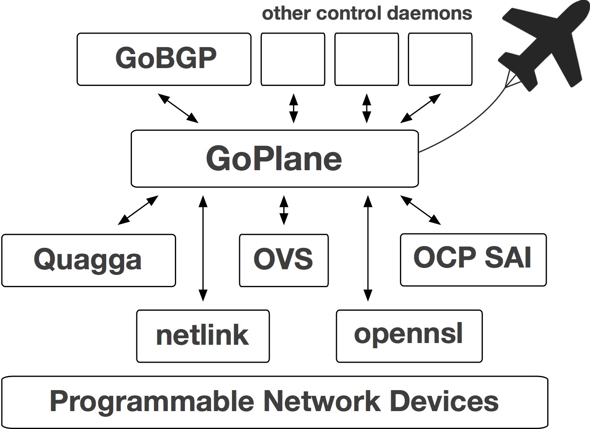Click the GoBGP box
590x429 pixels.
point(164,59)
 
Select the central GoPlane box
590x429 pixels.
point(274,158)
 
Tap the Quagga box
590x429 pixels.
point(88,260)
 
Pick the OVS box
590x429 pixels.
point(284,260)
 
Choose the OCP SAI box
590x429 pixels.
point(473,260)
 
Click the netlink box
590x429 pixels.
point(203,336)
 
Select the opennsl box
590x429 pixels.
point(409,336)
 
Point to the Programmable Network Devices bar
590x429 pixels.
point(274,402)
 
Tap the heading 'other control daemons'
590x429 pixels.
point(367,13)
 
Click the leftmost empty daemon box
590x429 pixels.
point(293,59)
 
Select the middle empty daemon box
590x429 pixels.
point(366,59)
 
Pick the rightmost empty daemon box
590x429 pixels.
point(440,59)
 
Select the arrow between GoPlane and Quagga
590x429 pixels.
point(138,210)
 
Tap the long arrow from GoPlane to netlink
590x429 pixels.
point(203,249)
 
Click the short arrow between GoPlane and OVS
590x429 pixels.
point(284,210)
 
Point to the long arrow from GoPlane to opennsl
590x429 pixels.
point(368,249)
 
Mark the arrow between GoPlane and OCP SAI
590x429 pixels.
point(420,210)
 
